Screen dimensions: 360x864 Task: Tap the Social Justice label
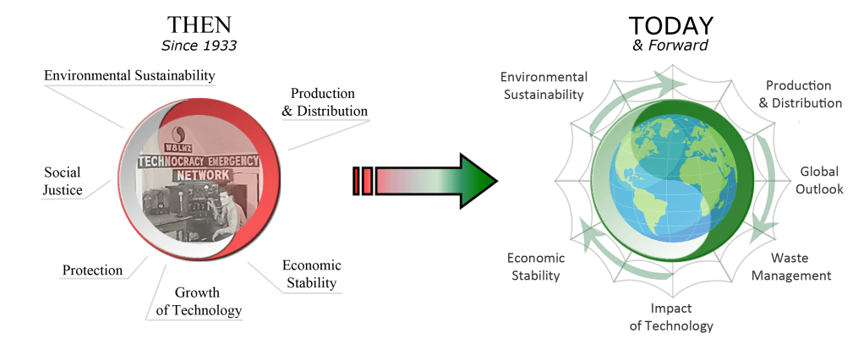tap(63, 181)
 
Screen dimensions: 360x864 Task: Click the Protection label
tap(92, 270)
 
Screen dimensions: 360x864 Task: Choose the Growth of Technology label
tap(198, 302)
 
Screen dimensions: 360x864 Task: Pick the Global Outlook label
tap(819, 180)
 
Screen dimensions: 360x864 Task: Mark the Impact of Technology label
tap(671, 317)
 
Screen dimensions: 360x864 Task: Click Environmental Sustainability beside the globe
tap(543, 85)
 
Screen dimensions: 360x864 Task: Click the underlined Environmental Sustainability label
tap(129, 76)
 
